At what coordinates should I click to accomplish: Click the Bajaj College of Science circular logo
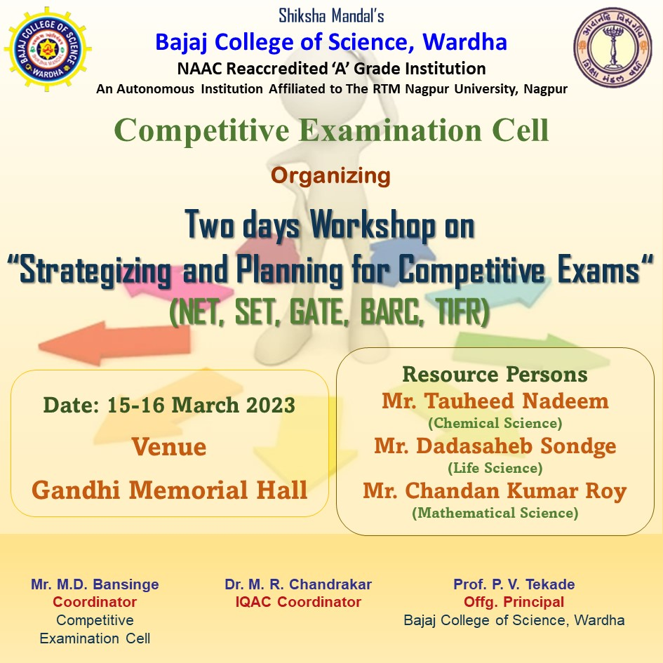coord(48,49)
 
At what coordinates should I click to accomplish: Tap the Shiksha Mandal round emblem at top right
coord(612,47)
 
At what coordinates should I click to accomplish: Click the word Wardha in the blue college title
coord(464,42)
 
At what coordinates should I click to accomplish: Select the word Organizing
coord(330,176)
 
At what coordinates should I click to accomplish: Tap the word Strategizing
coord(95,271)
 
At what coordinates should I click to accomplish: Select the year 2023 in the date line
coord(271,405)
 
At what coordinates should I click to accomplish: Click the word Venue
coord(169,447)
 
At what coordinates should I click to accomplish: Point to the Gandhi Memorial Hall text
coord(169,490)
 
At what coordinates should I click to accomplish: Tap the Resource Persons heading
coord(495,374)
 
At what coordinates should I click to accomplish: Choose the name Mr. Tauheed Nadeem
coord(495,401)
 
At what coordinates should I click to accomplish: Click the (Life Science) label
coord(495,468)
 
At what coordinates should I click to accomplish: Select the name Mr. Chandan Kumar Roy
coord(495,491)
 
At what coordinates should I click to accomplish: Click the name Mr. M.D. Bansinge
coord(95,584)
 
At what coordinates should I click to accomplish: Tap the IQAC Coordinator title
coord(298,602)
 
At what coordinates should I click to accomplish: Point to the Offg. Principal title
coord(514,602)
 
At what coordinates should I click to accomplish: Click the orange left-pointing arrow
coord(114,342)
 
